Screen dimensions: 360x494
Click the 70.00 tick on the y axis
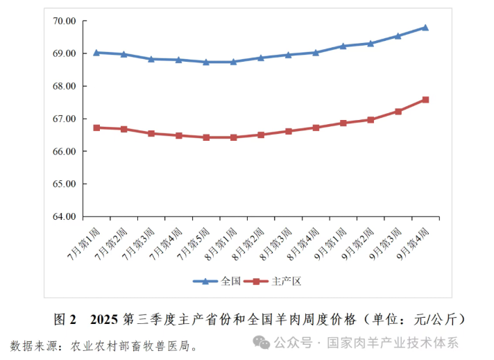point(64,21)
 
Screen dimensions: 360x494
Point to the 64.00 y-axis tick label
point(64,216)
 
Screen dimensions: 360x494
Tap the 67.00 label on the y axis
point(64,119)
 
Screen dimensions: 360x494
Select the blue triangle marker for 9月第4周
point(425,28)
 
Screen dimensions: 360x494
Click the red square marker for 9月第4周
point(425,100)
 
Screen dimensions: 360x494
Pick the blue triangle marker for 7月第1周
point(96,53)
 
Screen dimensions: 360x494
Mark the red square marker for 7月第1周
point(96,128)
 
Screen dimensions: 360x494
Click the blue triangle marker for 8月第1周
point(233,62)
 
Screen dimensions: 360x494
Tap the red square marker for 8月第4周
point(316,128)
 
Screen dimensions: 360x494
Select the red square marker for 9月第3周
point(398,111)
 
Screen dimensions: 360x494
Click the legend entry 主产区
point(277,281)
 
